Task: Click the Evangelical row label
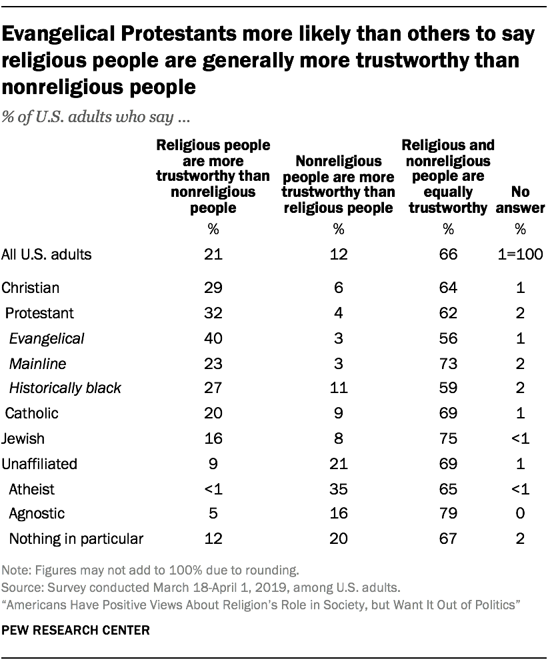point(47,338)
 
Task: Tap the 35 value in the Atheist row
point(338,489)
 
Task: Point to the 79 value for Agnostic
point(449,514)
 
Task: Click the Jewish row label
point(24,438)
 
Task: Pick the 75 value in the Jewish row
point(449,438)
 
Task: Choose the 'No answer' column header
point(520,200)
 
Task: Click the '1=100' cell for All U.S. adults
point(520,254)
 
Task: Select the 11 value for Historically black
point(338,388)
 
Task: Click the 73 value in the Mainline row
point(449,364)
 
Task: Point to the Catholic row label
point(32,413)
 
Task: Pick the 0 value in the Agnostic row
point(520,514)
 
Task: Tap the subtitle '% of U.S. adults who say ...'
point(97,119)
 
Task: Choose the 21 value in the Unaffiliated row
point(338,463)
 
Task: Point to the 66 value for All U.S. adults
point(449,254)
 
